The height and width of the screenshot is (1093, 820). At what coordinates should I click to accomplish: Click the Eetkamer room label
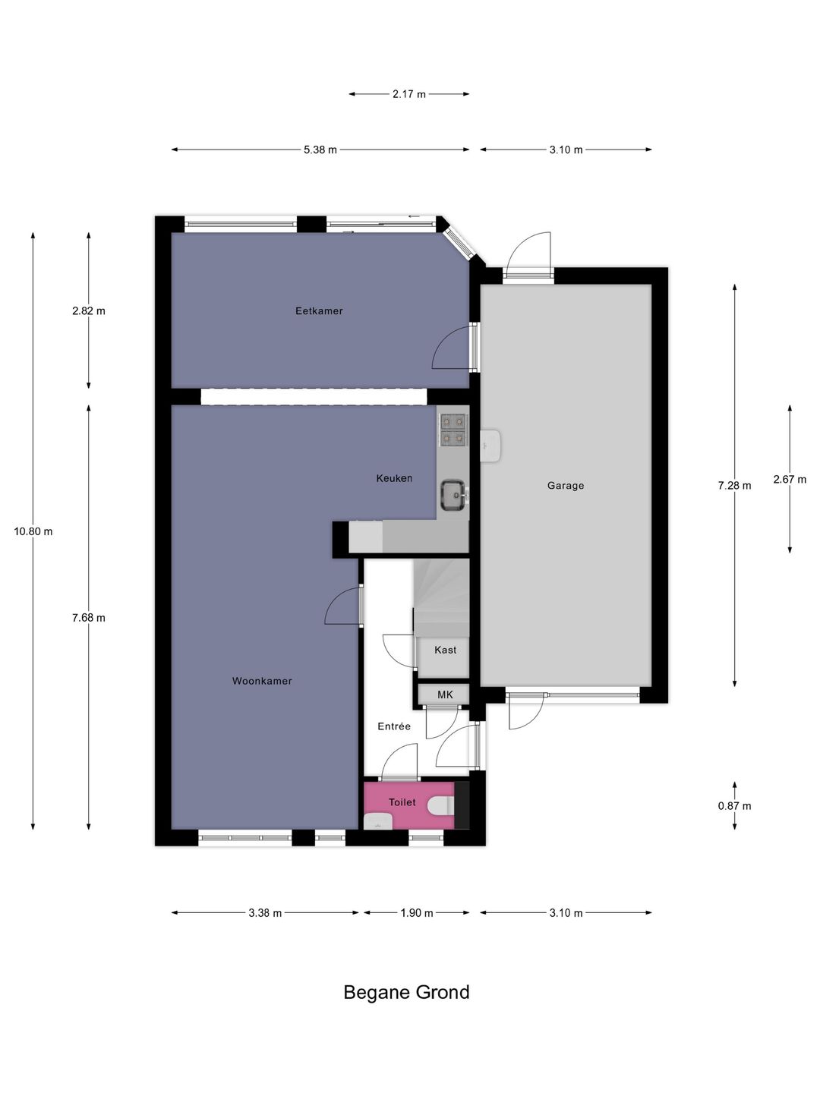click(x=319, y=310)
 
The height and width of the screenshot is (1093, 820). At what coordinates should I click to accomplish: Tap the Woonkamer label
click(x=262, y=681)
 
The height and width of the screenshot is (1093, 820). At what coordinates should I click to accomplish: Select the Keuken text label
click(x=394, y=478)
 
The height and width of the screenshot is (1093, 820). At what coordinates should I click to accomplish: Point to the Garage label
click(x=566, y=486)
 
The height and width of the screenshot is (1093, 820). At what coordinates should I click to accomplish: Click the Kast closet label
click(x=445, y=650)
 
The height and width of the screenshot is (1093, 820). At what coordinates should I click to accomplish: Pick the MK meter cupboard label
click(x=445, y=695)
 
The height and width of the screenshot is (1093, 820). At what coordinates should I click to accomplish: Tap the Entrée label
click(x=394, y=726)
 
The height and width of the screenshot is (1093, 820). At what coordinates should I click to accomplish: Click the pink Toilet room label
click(x=402, y=802)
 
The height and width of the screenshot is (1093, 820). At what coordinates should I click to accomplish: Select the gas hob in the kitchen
click(x=454, y=429)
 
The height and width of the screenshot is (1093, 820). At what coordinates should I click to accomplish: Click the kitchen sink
click(x=454, y=495)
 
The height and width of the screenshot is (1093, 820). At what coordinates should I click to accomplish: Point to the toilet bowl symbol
click(x=440, y=805)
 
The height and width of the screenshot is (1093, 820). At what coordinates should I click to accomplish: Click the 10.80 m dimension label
click(x=33, y=531)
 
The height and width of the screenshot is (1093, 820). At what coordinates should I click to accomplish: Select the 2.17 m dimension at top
click(x=408, y=94)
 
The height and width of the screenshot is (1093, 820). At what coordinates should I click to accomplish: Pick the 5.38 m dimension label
click(x=320, y=150)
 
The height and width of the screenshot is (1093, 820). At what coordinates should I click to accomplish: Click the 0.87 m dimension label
click(x=734, y=806)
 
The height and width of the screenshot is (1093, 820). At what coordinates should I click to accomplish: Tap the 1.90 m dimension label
click(x=416, y=913)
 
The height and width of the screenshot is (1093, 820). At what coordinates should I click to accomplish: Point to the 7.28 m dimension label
click(x=734, y=486)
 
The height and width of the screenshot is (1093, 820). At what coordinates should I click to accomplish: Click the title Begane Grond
click(x=406, y=992)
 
